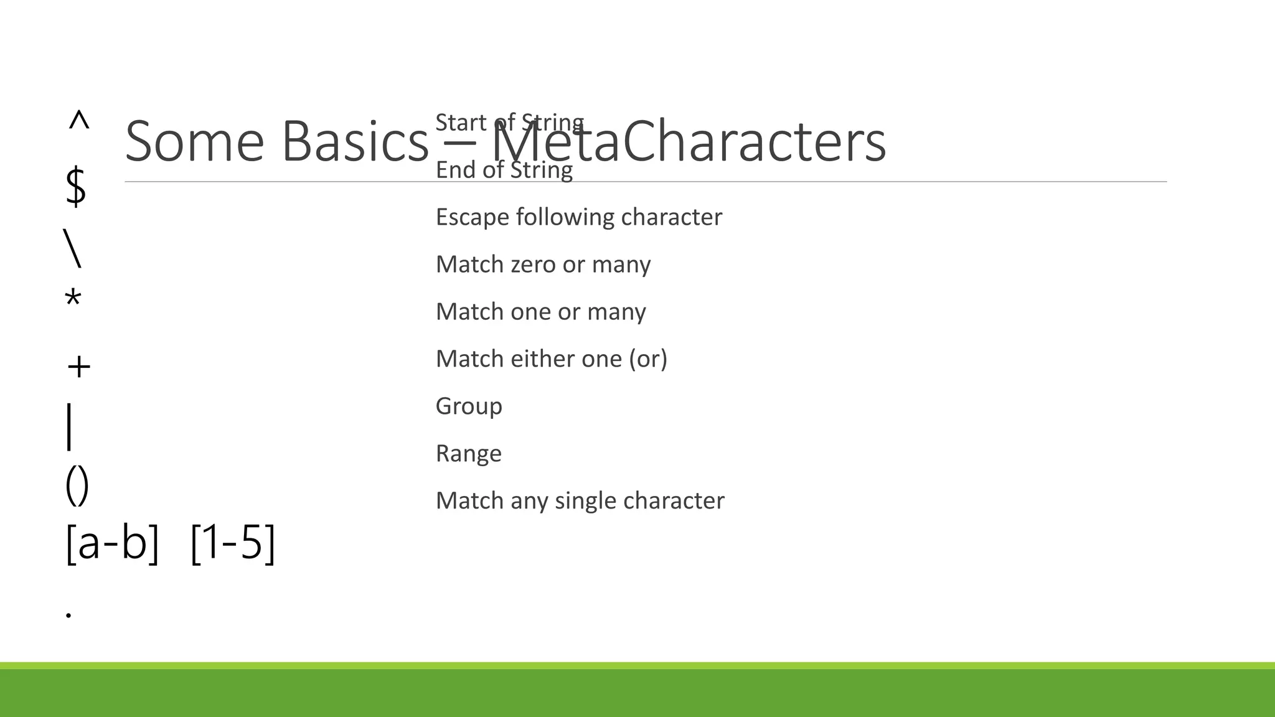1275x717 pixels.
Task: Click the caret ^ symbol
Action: click(78, 120)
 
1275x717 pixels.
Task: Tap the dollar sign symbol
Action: click(75, 186)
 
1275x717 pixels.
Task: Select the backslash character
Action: click(72, 248)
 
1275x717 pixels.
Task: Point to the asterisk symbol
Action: click(73, 299)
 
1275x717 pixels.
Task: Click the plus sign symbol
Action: click(78, 367)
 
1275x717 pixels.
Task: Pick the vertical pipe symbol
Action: click(69, 426)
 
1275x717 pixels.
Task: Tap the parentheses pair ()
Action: click(77, 485)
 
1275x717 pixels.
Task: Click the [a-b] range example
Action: click(112, 543)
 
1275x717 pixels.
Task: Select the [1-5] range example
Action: click(232, 543)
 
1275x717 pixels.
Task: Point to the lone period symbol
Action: click(68, 615)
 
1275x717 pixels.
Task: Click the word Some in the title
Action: click(194, 142)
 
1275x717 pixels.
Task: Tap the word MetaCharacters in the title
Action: click(689, 142)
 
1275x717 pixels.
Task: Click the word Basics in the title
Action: click(355, 142)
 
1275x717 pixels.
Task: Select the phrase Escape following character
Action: click(578, 217)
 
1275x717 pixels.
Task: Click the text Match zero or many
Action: click(543, 265)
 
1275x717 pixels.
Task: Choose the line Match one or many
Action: click(540, 312)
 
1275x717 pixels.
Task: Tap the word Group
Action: click(469, 406)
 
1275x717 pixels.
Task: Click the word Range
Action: click(468, 454)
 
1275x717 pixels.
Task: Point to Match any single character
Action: click(580, 501)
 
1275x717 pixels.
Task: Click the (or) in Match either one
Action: click(647, 359)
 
